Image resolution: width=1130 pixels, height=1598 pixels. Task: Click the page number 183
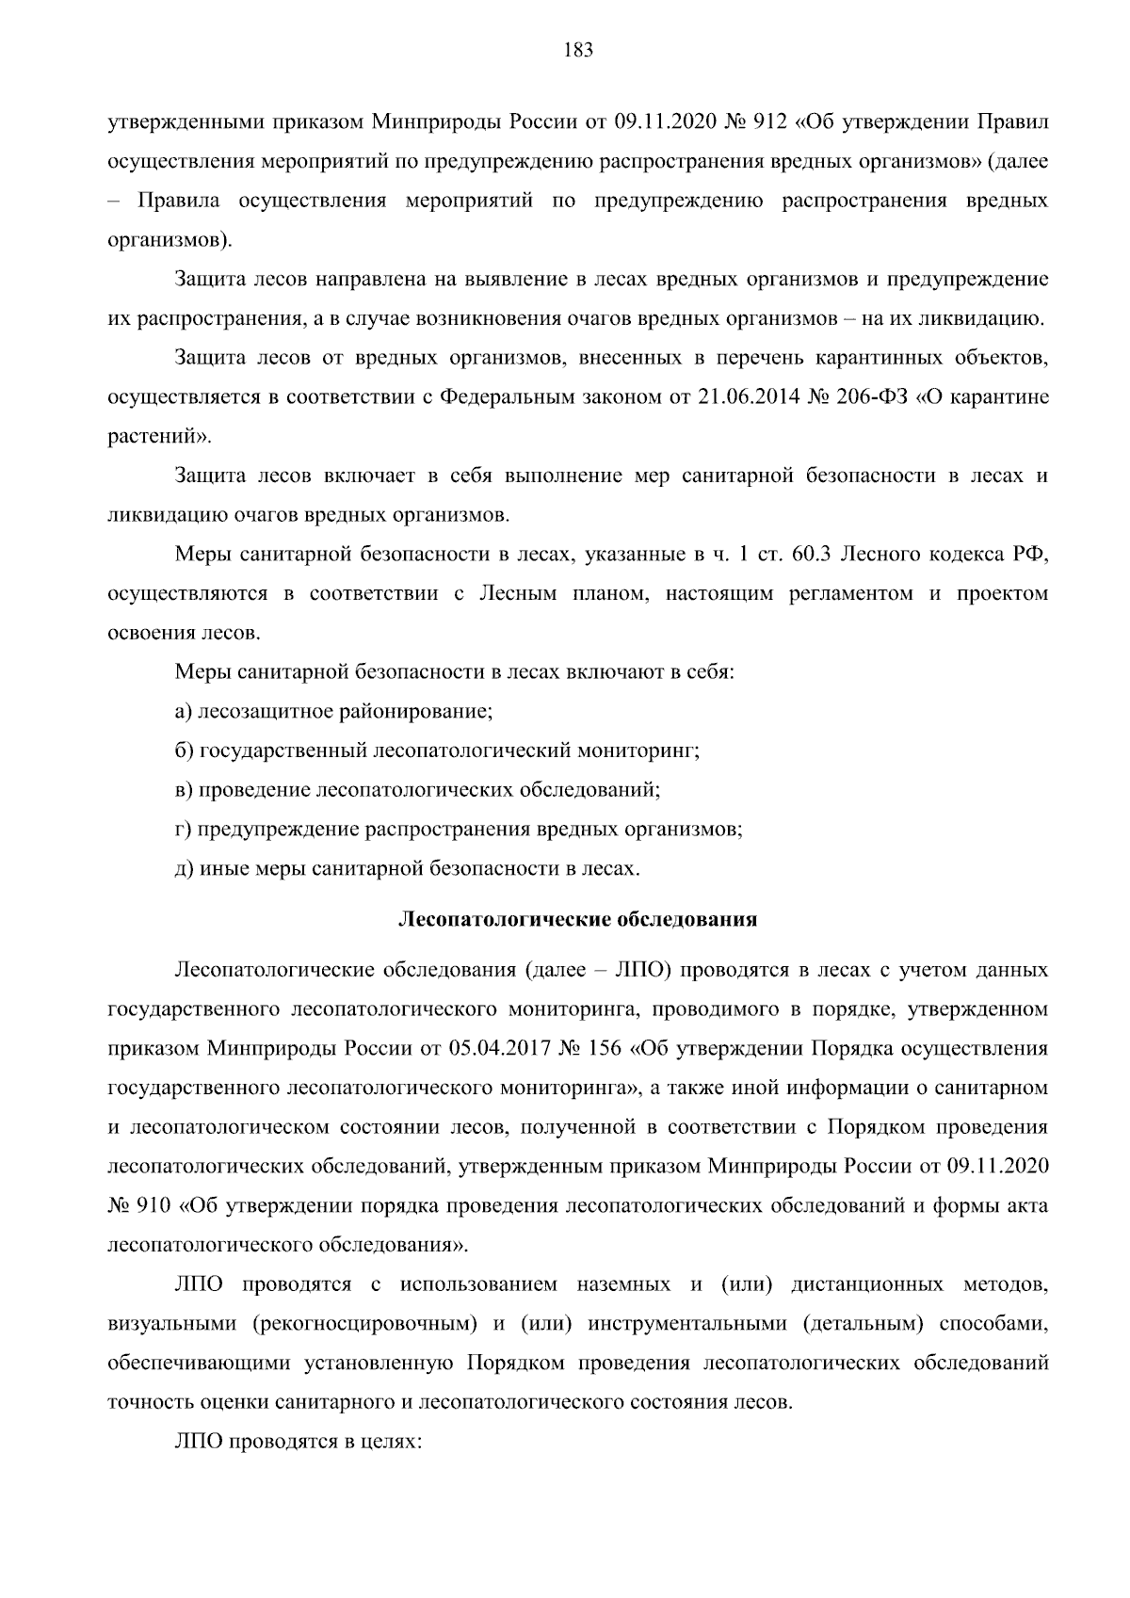pos(577,51)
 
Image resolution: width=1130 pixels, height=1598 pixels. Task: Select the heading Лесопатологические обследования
pos(577,919)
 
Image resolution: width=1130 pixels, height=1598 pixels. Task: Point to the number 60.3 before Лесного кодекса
pos(811,555)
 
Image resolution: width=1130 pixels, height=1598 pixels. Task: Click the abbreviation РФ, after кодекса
pos(1031,555)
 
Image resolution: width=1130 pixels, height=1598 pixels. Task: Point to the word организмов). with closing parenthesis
pos(169,240)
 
